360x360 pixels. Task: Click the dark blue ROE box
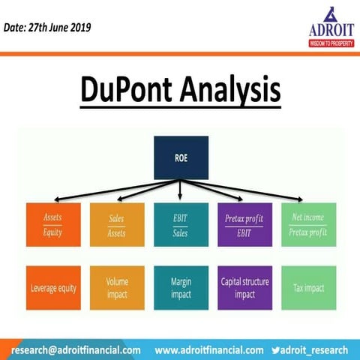(180, 158)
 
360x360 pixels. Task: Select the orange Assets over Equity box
(52, 224)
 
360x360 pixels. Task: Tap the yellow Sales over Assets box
(116, 224)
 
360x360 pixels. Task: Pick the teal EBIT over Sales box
(180, 224)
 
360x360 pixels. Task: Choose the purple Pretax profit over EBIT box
(244, 224)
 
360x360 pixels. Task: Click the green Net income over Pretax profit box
(308, 224)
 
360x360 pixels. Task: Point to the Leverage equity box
(52, 287)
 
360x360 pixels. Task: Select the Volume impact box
(116, 287)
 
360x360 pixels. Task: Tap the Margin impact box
(180, 287)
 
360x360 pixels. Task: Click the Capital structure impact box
(244, 287)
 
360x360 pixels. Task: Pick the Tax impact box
(308, 287)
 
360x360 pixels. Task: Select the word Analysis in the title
(232, 92)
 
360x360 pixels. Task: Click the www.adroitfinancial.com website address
(209, 349)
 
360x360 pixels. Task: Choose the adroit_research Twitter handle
(316, 349)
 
